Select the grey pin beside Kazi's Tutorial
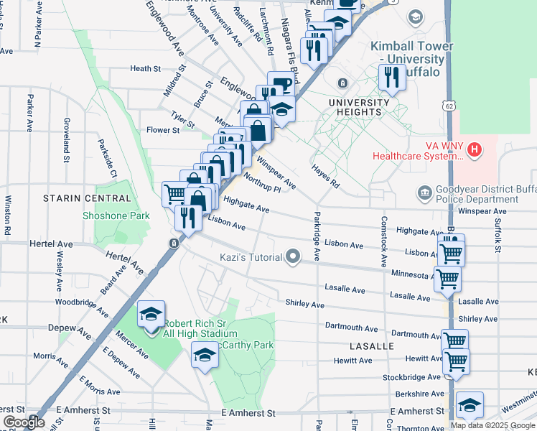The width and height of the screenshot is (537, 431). (x=292, y=256)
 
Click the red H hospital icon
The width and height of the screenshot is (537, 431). (x=474, y=150)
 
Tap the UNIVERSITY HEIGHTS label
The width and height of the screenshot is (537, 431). (x=358, y=107)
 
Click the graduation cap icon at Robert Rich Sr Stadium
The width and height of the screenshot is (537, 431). (x=151, y=315)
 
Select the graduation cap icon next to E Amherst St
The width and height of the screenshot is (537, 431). (x=470, y=406)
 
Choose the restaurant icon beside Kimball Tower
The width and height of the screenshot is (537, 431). (x=391, y=77)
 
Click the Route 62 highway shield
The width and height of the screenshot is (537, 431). (x=449, y=106)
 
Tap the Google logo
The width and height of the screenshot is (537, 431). (x=24, y=422)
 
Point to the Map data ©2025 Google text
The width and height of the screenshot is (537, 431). (x=492, y=425)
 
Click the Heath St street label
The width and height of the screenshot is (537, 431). (x=145, y=68)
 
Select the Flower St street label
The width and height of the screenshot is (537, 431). (x=162, y=130)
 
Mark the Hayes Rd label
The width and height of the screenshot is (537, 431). (x=324, y=176)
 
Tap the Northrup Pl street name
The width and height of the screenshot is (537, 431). (x=261, y=182)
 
